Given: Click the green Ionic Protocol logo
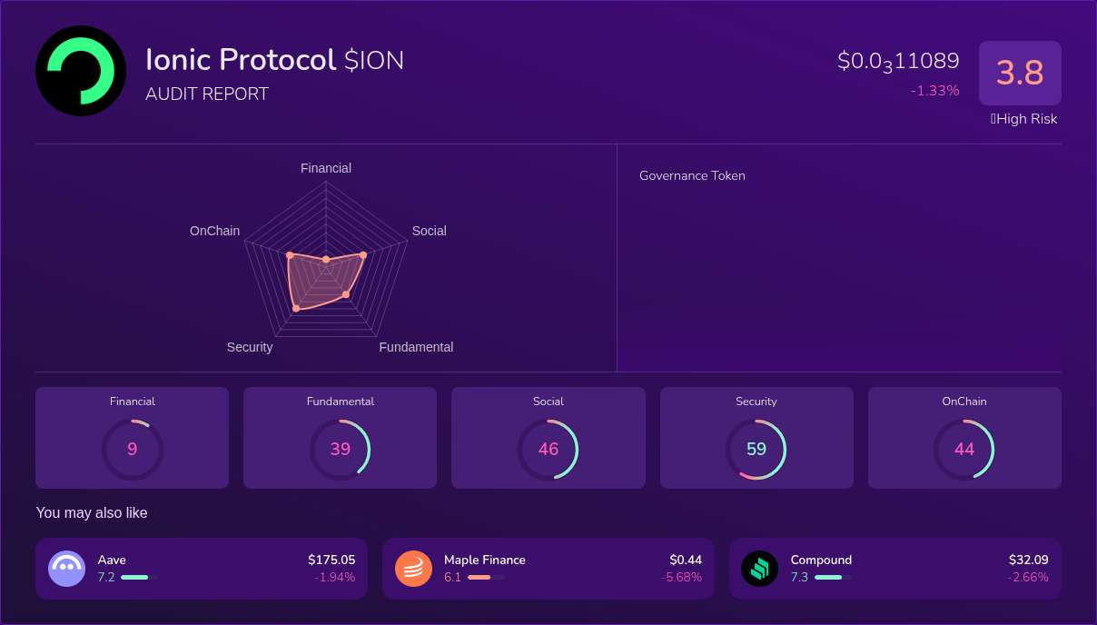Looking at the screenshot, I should coord(81,71).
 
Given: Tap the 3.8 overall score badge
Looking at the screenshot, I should coord(1020,73).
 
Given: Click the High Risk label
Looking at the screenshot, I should coord(1025,119).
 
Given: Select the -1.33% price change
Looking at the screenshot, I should coord(934,91).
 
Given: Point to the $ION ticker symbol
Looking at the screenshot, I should coord(374,61).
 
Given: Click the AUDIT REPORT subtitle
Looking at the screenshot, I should coord(207,94).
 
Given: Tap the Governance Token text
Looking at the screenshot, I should coord(692,176).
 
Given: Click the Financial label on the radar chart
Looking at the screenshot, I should coord(326,168).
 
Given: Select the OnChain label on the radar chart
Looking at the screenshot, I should coord(214,231).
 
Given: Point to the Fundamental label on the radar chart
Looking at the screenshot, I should coord(416,347).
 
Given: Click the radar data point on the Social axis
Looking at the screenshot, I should coord(363,255).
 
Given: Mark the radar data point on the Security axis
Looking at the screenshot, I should coord(296,310).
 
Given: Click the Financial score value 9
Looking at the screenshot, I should coord(133,449).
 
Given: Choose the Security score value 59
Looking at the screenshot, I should coord(756,449).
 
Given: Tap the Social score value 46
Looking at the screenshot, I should coord(548,449).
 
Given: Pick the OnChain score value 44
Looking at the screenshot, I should coord(964,449).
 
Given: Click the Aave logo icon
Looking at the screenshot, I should coord(67,569).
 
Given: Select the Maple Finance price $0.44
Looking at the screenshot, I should coord(686,560).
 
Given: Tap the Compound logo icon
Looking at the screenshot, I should coord(760,569).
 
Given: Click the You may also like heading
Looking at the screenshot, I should coord(92,513).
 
